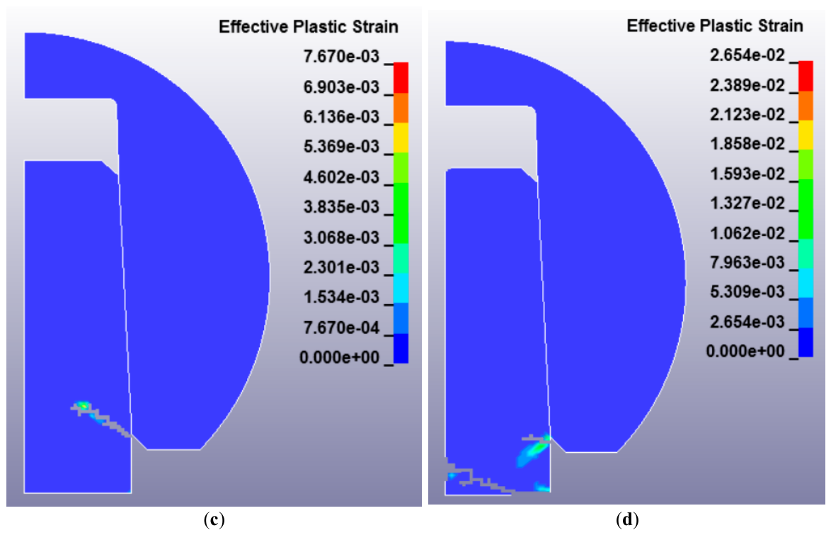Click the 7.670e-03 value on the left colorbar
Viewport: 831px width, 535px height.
(341, 56)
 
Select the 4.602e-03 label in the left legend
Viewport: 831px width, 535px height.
(341, 176)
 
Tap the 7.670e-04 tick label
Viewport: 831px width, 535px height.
(341, 327)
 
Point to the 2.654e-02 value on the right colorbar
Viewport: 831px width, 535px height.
(747, 55)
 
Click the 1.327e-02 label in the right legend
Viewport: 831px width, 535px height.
(747, 203)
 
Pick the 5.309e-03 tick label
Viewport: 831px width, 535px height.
(747, 291)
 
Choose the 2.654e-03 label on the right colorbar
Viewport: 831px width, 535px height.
(747, 322)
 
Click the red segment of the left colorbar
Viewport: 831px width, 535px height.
(401, 78)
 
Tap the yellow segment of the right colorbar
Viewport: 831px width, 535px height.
(806, 135)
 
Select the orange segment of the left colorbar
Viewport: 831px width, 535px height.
(401, 108)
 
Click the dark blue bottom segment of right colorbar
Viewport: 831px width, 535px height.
(806, 342)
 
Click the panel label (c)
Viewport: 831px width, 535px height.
(214, 519)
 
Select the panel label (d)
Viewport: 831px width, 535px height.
(627, 519)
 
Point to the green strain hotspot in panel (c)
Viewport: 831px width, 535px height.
(83, 406)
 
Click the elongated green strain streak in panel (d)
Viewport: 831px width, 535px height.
(532, 453)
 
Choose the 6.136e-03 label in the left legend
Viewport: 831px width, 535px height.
(341, 116)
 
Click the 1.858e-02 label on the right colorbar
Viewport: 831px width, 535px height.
(747, 143)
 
